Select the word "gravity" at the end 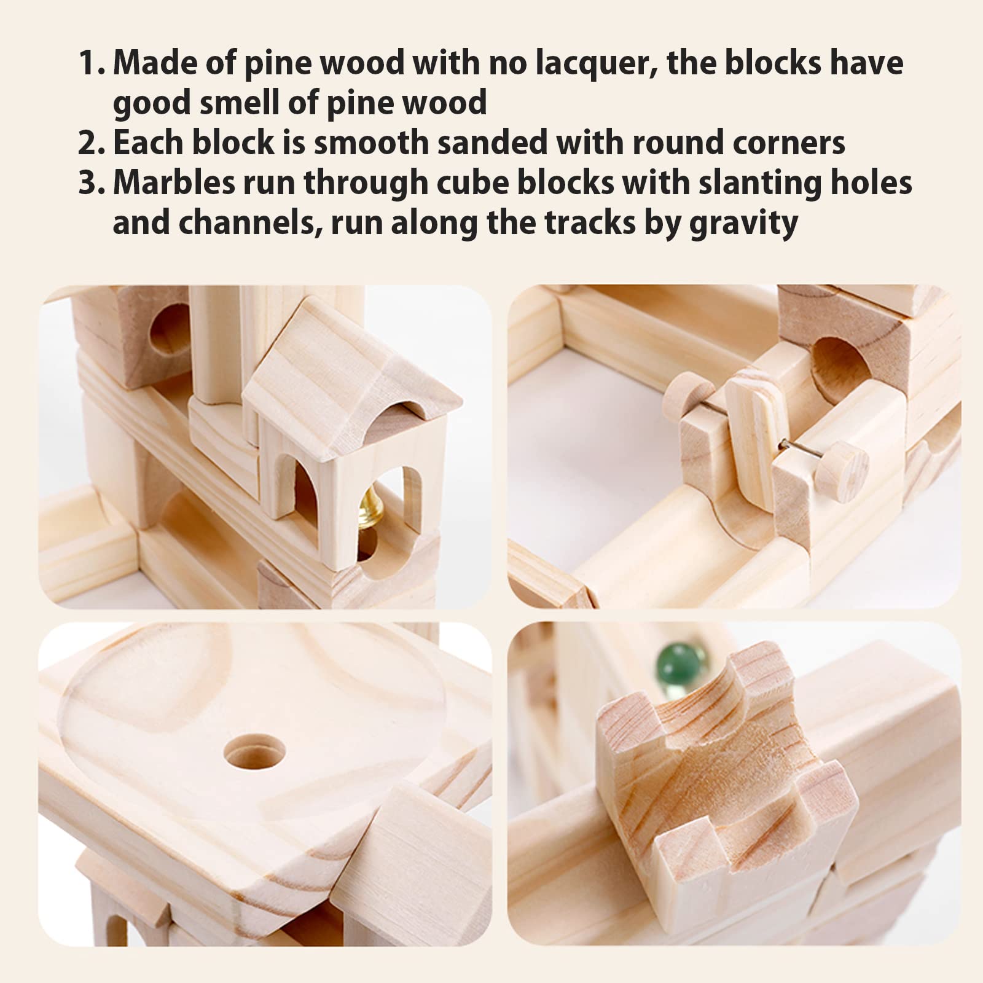(x=743, y=223)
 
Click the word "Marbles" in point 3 (x=173, y=183)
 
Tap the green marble (x=686, y=662)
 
